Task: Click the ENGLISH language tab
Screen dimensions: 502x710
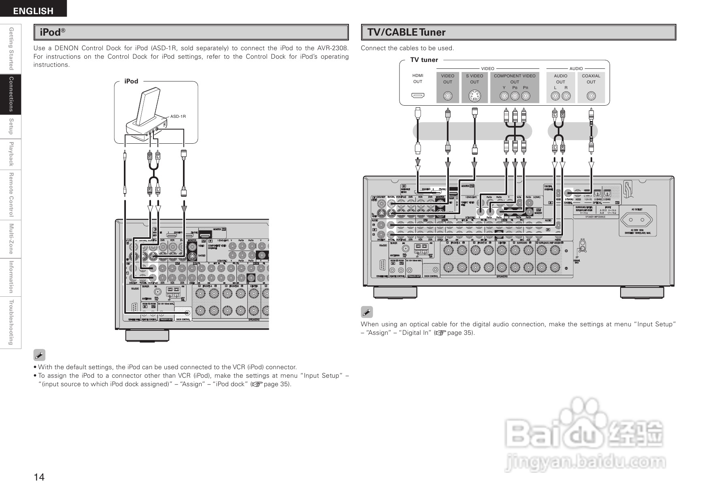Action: click(33, 11)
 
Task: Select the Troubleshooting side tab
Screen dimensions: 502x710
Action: click(11, 323)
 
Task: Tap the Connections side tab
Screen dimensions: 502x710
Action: click(11, 94)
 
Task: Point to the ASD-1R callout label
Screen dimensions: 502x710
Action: click(178, 117)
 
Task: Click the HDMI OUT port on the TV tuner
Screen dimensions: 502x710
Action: click(418, 96)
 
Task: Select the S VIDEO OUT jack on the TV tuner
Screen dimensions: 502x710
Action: click(474, 96)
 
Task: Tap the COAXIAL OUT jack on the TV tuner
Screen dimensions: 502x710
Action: click(591, 96)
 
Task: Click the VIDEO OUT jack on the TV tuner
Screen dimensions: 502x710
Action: click(448, 96)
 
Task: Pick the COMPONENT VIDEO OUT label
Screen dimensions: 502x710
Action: click(514, 79)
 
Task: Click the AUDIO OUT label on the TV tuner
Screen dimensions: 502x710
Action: click(561, 79)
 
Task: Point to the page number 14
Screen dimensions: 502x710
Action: click(39, 477)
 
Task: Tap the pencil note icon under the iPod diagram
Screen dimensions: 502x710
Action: click(39, 355)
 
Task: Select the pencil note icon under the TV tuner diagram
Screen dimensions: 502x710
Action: click(366, 312)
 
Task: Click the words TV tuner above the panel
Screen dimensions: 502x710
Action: click(424, 60)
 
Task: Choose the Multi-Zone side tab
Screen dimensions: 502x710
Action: click(11, 238)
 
